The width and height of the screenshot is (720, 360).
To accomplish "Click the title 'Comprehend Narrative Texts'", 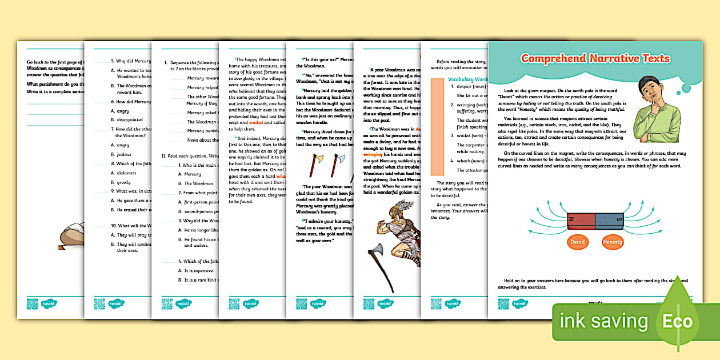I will click(x=595, y=58).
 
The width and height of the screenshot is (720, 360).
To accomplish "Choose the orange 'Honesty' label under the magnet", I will click(x=613, y=242).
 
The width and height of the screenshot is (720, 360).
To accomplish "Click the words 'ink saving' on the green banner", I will click(x=603, y=321).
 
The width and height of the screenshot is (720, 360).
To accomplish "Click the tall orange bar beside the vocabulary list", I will click(x=439, y=126).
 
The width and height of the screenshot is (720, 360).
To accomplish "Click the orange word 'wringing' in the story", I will click(x=372, y=154).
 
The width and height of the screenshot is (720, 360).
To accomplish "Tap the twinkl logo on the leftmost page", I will click(x=48, y=303).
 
